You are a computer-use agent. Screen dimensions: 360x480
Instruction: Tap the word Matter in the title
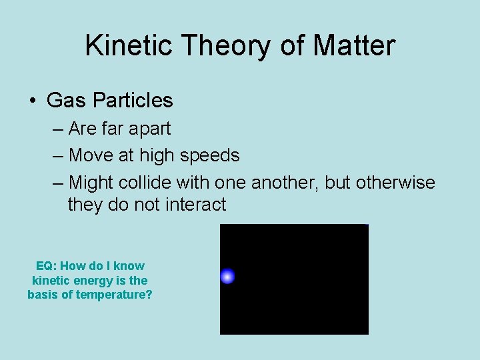click(x=353, y=45)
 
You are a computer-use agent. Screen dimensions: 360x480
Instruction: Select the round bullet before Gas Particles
click(x=32, y=101)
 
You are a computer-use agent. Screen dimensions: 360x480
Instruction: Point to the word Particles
click(x=133, y=101)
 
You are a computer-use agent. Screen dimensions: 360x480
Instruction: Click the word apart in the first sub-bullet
click(x=149, y=129)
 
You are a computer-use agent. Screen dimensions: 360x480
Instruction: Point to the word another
click(x=283, y=182)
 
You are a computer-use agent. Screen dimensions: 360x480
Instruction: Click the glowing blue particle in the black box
click(x=227, y=276)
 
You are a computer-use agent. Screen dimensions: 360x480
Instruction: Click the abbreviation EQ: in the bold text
click(x=46, y=266)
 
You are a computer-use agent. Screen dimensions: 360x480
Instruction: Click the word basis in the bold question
click(x=42, y=295)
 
